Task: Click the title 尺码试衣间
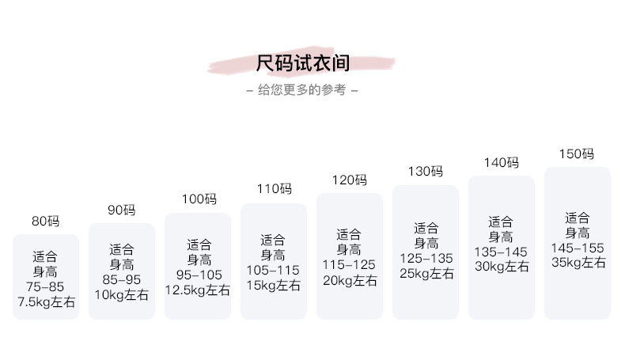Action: pyautogui.click(x=303, y=63)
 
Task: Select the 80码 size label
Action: pyautogui.click(x=45, y=222)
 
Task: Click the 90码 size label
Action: pyautogui.click(x=121, y=210)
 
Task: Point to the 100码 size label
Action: pyautogui.click(x=198, y=199)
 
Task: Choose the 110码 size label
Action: pyautogui.click(x=274, y=189)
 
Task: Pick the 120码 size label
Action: pyautogui.click(x=350, y=180)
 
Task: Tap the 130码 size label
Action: pyautogui.click(x=426, y=171)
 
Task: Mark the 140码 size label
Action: pyautogui.click(x=502, y=162)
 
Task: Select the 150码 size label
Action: pyautogui.click(x=577, y=153)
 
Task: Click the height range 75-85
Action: pyautogui.click(x=45, y=286)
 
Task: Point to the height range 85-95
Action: pyautogui.click(x=121, y=280)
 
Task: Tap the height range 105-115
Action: pyautogui.click(x=273, y=270)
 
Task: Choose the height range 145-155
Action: pyautogui.click(x=577, y=248)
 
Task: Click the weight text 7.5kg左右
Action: pyautogui.click(x=45, y=301)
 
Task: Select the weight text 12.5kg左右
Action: pyautogui.click(x=198, y=290)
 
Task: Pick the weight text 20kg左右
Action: pyautogui.click(x=350, y=279)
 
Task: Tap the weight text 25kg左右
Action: pyautogui.click(x=426, y=273)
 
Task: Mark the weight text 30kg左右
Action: pyautogui.click(x=502, y=267)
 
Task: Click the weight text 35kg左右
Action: pyautogui.click(x=577, y=263)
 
